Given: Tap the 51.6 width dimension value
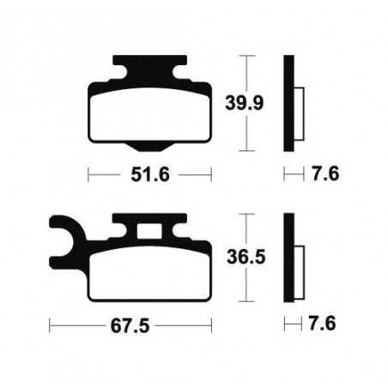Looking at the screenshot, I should pyautogui.click(x=151, y=174).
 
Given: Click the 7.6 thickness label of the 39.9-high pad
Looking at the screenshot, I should pyautogui.click(x=325, y=174).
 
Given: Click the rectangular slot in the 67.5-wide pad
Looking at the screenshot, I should pyautogui.click(x=151, y=229).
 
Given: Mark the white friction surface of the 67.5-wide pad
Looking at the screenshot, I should pyautogui.click(x=151, y=276).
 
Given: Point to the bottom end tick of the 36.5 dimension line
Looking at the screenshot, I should pyautogui.click(x=246, y=301).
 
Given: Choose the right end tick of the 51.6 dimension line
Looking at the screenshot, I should pyautogui.click(x=211, y=174).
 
